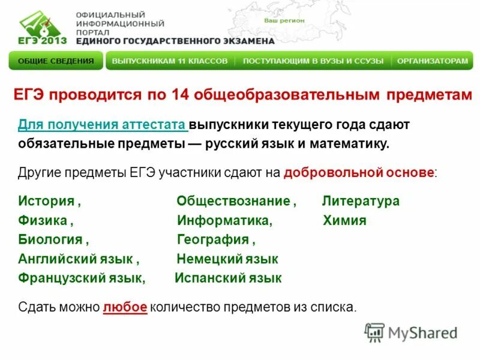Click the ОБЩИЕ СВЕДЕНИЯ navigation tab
56,61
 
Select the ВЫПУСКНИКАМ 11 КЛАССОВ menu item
170,61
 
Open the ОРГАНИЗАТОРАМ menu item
432,61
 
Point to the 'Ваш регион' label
284,20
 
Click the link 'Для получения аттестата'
102,125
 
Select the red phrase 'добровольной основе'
359,173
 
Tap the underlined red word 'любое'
125,307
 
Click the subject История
46,201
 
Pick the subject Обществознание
233,201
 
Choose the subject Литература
361,201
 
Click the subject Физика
43,220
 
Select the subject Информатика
224,220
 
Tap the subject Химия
344,220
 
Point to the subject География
213,239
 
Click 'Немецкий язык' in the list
227,259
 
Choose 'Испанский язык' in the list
228,278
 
